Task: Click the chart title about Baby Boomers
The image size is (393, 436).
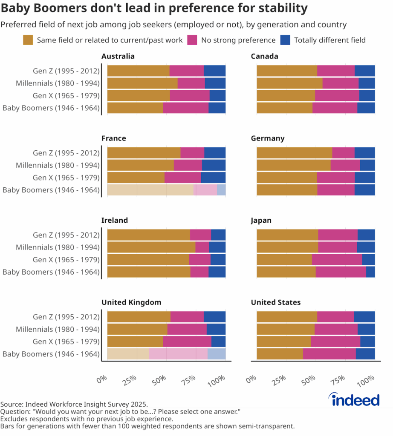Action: pos(154,8)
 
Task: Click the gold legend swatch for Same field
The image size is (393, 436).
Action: pos(28,40)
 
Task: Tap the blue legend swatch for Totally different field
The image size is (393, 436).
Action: pos(286,40)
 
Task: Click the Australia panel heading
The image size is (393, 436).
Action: pos(118,56)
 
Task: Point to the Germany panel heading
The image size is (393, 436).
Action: pos(268,138)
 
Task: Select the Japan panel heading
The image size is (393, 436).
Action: pos(261,220)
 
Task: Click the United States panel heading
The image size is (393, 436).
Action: pos(275,302)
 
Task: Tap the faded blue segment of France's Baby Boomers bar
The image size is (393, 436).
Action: pos(221,190)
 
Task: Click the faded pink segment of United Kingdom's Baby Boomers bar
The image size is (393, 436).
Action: pos(178,354)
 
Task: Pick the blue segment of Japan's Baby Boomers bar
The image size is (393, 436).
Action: pos(370,272)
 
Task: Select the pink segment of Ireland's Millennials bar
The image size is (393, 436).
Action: pos(202,247)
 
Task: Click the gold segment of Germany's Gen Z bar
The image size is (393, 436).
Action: pos(294,153)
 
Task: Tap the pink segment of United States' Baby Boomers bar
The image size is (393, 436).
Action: pos(329,354)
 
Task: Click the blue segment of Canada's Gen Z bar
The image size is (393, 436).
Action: pos(364,71)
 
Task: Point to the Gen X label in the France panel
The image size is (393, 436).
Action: pos(66,178)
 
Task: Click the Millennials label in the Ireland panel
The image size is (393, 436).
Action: pos(58,247)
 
